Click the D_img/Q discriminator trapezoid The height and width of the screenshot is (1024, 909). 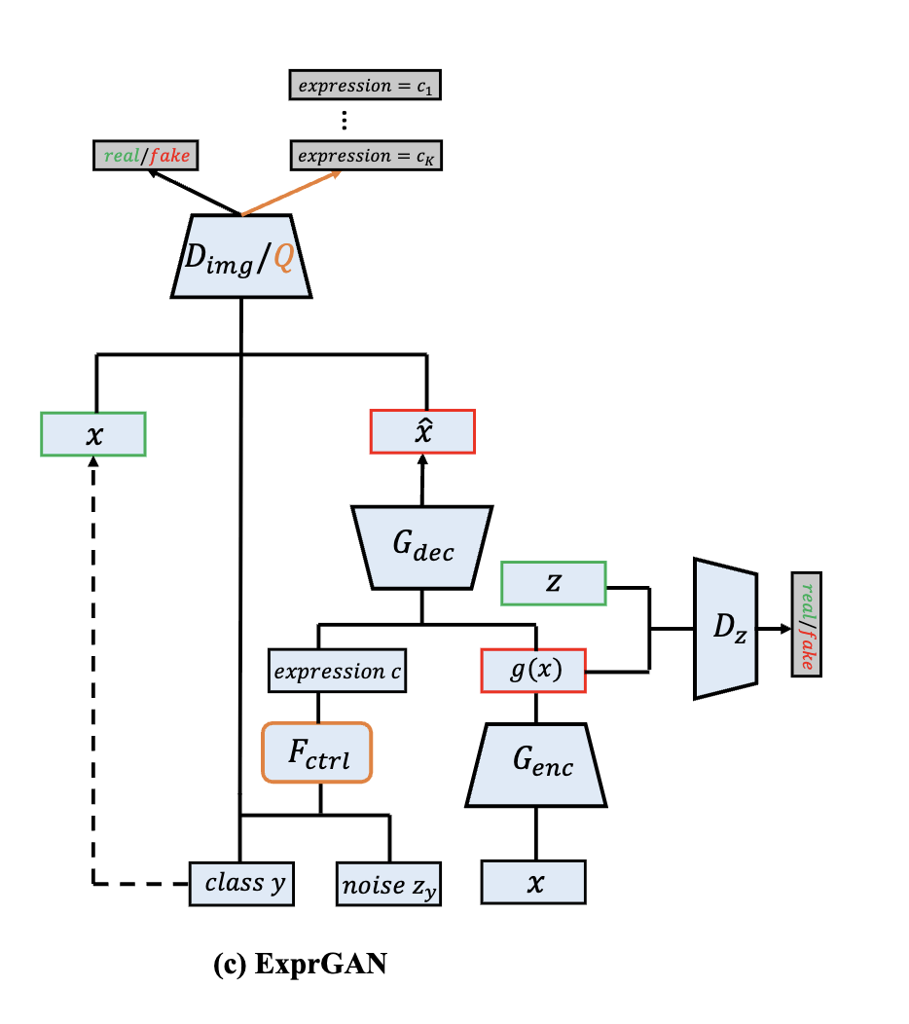point(240,255)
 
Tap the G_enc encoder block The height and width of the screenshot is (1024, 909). point(536,765)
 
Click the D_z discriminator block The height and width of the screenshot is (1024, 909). point(725,628)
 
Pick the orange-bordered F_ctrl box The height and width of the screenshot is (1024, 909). point(317,751)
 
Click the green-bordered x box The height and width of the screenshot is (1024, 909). point(93,434)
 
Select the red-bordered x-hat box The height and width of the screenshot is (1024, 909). point(422,432)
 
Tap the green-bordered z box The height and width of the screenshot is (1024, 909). point(553,583)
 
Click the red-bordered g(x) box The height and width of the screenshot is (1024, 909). point(533,671)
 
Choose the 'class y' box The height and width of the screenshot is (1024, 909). point(241,884)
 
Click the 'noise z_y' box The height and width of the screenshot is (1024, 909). point(389,884)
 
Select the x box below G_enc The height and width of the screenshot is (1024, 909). point(533,882)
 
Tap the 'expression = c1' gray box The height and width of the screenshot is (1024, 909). point(366,86)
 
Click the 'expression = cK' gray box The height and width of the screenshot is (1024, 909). point(366,155)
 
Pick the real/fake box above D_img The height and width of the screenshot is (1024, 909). point(142,155)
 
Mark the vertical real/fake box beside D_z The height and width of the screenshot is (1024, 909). point(807,625)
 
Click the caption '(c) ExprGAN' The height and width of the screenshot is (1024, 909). point(300,966)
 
